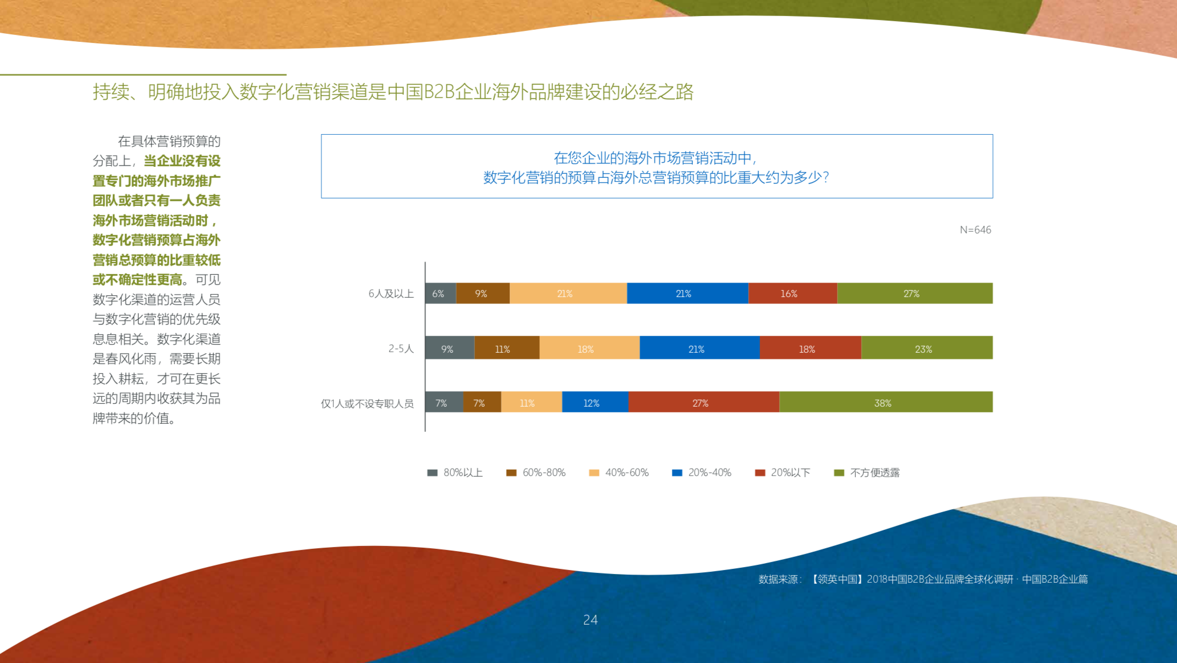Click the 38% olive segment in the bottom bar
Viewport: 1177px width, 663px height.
(x=886, y=402)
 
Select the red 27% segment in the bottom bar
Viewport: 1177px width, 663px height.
(x=704, y=402)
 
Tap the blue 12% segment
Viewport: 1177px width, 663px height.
(x=595, y=402)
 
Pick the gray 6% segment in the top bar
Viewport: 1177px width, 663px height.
(x=440, y=293)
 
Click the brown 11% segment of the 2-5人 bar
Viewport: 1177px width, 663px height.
(x=506, y=348)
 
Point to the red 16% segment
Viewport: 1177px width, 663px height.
(x=792, y=293)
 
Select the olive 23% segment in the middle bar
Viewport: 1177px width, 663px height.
(x=926, y=348)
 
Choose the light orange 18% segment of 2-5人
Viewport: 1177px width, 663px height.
(x=589, y=348)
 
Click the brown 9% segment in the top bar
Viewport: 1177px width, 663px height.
(x=482, y=293)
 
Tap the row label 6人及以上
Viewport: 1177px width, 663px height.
(x=391, y=294)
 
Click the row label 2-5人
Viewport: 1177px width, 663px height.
(x=400, y=349)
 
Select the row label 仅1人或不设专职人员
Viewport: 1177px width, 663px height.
(x=367, y=404)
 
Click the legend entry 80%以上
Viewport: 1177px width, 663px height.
(x=455, y=473)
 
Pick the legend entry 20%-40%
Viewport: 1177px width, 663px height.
(x=702, y=473)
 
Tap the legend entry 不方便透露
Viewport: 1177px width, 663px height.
(x=867, y=473)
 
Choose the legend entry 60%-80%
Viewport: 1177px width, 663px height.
(x=536, y=473)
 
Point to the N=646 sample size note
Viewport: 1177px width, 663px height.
(x=975, y=230)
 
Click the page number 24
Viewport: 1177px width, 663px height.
(x=590, y=620)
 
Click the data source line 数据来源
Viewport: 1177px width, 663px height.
(x=922, y=579)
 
